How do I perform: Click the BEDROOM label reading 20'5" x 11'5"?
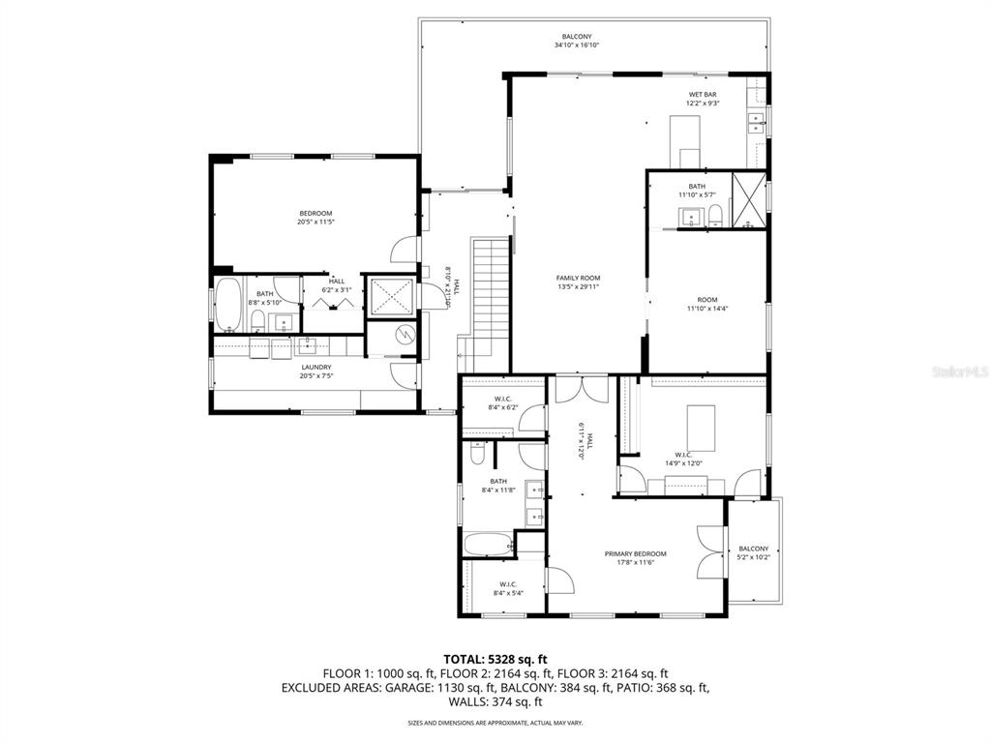[x=315, y=218]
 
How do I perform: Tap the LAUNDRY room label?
[x=315, y=371]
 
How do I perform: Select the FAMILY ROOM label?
[x=578, y=282]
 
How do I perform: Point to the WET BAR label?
[x=702, y=99]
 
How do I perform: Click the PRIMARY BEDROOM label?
[x=635, y=558]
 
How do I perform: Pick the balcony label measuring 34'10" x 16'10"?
[x=577, y=41]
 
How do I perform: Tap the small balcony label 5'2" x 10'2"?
[x=753, y=552]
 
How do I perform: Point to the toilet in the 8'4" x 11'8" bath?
[x=476, y=454]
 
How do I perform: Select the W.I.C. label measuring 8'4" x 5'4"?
[x=508, y=588]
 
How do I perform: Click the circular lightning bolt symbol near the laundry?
[x=405, y=335]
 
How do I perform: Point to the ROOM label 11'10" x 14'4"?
[x=706, y=304]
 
